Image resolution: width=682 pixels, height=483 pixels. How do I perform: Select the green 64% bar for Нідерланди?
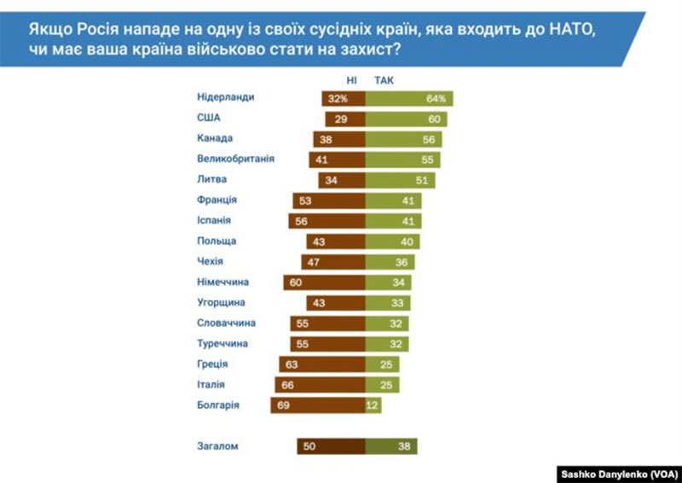[x=409, y=99]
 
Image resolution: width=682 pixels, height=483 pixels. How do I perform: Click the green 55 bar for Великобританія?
[x=403, y=159]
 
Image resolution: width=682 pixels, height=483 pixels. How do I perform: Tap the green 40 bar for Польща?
[x=393, y=241]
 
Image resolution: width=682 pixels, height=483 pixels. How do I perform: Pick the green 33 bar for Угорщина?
[x=388, y=303]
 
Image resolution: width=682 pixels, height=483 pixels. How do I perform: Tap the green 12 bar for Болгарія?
[x=373, y=405]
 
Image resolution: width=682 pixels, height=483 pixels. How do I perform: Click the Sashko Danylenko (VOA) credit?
[x=617, y=473]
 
